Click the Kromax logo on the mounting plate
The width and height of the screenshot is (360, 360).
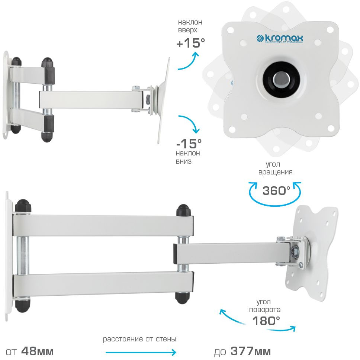pos(280,39)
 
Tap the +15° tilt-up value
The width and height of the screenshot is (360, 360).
pos(190,43)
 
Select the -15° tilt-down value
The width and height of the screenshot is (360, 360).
pos(189,144)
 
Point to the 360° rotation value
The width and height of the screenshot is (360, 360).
pos(276,190)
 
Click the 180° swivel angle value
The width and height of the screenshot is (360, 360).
pos(266,321)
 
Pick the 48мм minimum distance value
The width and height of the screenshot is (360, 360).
pos(38,351)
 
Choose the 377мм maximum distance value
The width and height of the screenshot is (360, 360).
pos(251,351)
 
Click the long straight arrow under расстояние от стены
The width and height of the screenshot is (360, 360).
pos(141,352)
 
